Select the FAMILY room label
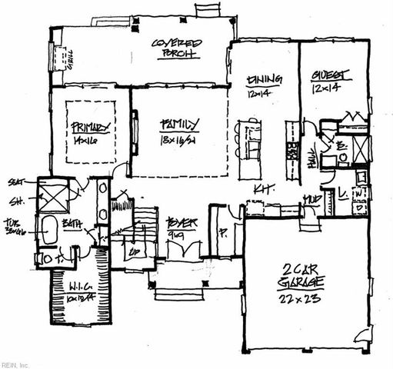tap(180, 123)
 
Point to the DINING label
tap(264, 79)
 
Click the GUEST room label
tap(331, 75)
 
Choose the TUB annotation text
tap(13, 222)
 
